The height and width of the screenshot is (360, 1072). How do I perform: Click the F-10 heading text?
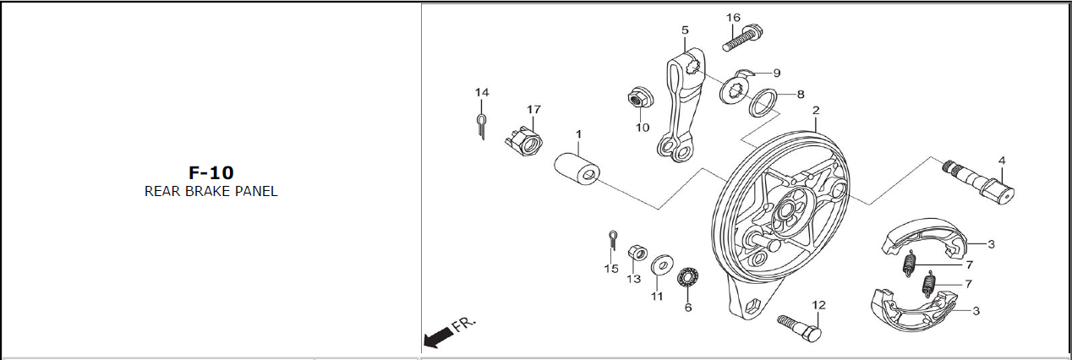coord(211,173)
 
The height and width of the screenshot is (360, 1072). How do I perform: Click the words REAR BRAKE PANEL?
coord(211,191)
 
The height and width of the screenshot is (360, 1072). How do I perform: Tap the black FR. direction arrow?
coord(437,338)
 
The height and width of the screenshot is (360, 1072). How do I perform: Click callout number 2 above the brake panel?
coord(816,111)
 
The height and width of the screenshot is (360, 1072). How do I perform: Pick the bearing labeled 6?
coord(688,277)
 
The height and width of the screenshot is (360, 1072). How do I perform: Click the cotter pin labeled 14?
coord(480,125)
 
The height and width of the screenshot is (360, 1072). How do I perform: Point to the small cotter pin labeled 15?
coord(612,240)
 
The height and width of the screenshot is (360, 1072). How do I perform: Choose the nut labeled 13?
coord(637,253)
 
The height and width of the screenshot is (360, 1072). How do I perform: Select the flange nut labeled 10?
coord(638,99)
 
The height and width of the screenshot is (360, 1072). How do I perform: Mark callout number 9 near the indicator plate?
coord(776,74)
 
